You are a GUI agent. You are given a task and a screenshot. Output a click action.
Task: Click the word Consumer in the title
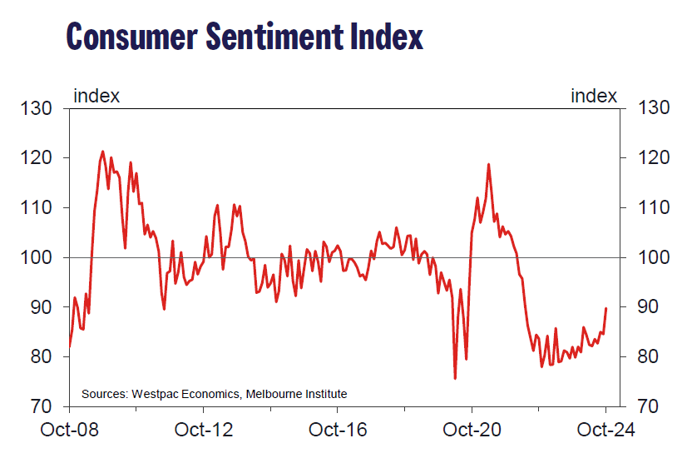133,37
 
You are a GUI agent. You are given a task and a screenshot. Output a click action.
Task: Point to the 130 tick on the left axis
37,108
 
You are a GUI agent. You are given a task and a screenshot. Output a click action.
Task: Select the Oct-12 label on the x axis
203,431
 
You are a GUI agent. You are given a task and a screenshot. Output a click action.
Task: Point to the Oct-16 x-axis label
338,431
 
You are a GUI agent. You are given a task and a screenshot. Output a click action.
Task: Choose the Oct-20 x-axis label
472,431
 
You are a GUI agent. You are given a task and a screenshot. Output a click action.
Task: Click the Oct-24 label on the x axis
605,431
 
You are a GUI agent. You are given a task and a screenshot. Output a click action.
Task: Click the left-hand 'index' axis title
96,96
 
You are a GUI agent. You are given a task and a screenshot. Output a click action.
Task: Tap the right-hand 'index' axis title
594,96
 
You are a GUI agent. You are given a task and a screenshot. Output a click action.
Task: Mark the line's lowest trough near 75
455,378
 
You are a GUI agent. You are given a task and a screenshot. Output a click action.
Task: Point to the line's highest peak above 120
102,152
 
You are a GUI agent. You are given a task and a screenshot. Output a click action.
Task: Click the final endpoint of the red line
605,308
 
